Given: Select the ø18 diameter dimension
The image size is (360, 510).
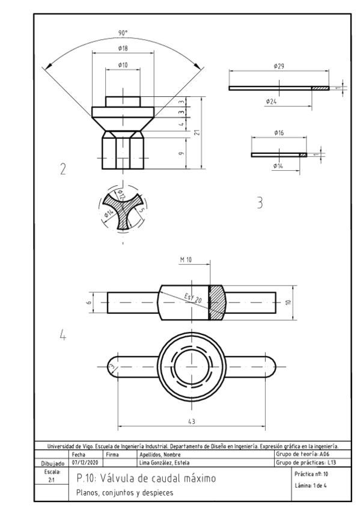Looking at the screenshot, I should [123, 47].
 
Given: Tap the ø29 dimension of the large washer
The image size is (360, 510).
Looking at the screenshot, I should [279, 66].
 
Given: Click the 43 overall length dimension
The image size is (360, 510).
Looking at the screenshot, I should [192, 422].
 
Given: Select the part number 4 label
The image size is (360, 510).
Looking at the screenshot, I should [62, 334].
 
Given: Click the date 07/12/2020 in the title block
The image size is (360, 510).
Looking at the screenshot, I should [85, 463].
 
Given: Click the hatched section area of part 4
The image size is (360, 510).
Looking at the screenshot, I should [216, 301].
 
